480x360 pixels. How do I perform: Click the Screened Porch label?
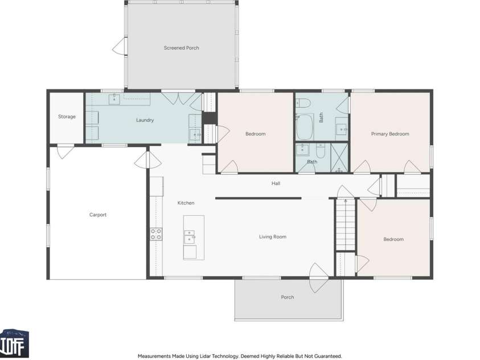181,48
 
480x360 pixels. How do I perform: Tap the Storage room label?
67,117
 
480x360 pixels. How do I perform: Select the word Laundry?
145,120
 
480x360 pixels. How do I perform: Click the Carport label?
98,215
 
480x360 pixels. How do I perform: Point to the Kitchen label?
186,203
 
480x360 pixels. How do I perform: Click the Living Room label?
273,236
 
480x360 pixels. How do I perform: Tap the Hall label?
276,183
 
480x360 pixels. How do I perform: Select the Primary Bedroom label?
390,134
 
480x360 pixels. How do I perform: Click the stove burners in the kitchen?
156,234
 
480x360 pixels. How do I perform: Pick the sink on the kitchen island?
189,237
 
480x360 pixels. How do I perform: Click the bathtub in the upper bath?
305,126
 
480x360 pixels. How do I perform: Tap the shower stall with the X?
339,158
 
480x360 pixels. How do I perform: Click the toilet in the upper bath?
303,103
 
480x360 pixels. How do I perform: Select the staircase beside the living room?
346,224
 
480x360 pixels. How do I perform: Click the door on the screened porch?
120,46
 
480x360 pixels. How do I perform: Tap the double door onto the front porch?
319,277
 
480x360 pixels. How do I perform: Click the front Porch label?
288,297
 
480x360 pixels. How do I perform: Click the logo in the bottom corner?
14,343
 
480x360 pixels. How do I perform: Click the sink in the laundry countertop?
114,100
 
